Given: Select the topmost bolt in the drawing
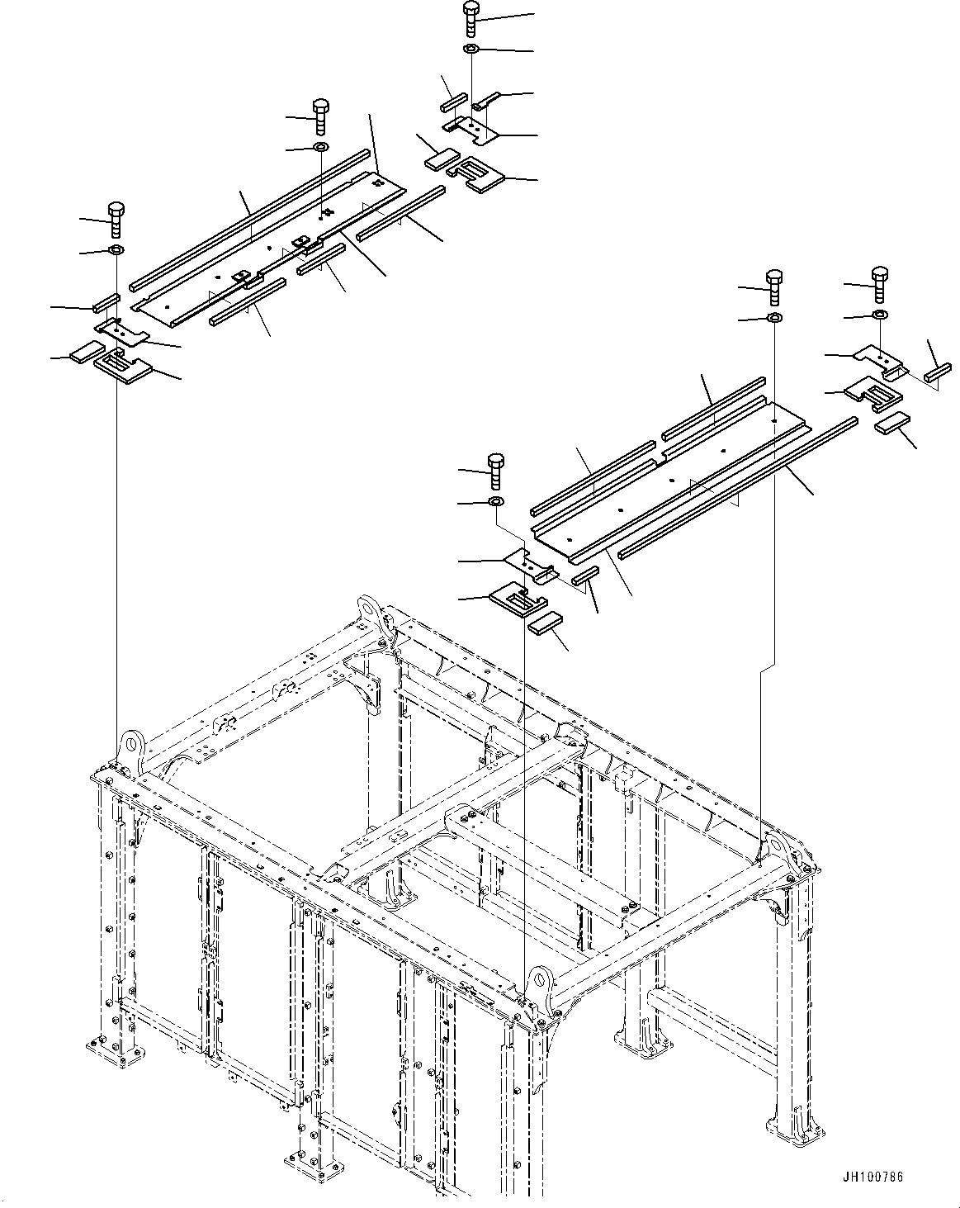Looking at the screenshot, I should [471, 17].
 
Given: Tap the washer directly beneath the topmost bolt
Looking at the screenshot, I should [471, 50].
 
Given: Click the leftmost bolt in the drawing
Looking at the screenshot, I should [116, 216].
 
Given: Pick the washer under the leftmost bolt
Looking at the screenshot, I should [116, 250].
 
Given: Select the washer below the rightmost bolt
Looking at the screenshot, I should [880, 315].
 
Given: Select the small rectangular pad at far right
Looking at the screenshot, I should [891, 424].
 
